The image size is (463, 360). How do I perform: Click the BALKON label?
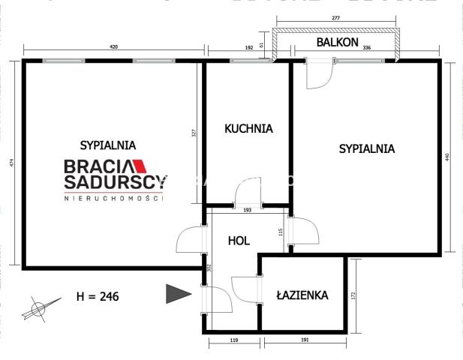point(336,43)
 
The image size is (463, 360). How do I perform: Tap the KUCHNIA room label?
point(248,128)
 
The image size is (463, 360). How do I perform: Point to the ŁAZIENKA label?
point(301,295)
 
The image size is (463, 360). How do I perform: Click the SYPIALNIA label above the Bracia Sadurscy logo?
point(107,144)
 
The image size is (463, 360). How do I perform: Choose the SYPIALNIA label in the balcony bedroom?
point(367,148)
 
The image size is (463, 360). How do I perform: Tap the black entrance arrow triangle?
point(176,294)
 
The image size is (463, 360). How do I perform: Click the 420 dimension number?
point(114,47)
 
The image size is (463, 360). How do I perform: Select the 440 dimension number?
point(448,158)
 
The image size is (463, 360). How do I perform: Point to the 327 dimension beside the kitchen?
point(194,133)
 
